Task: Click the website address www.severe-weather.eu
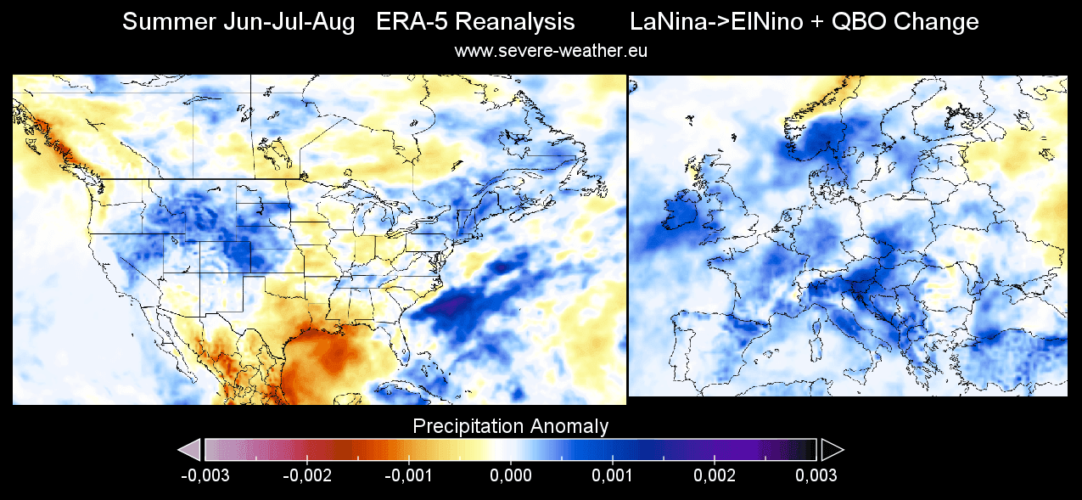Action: pos(551,51)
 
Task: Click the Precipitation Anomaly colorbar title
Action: pos(510,425)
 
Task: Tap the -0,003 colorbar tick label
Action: pos(205,475)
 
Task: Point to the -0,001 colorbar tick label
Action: pos(408,475)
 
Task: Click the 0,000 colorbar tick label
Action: pos(512,475)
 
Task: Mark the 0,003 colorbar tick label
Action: pos(816,475)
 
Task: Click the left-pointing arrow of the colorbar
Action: pos(189,449)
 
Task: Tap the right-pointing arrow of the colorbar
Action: pos(832,449)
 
